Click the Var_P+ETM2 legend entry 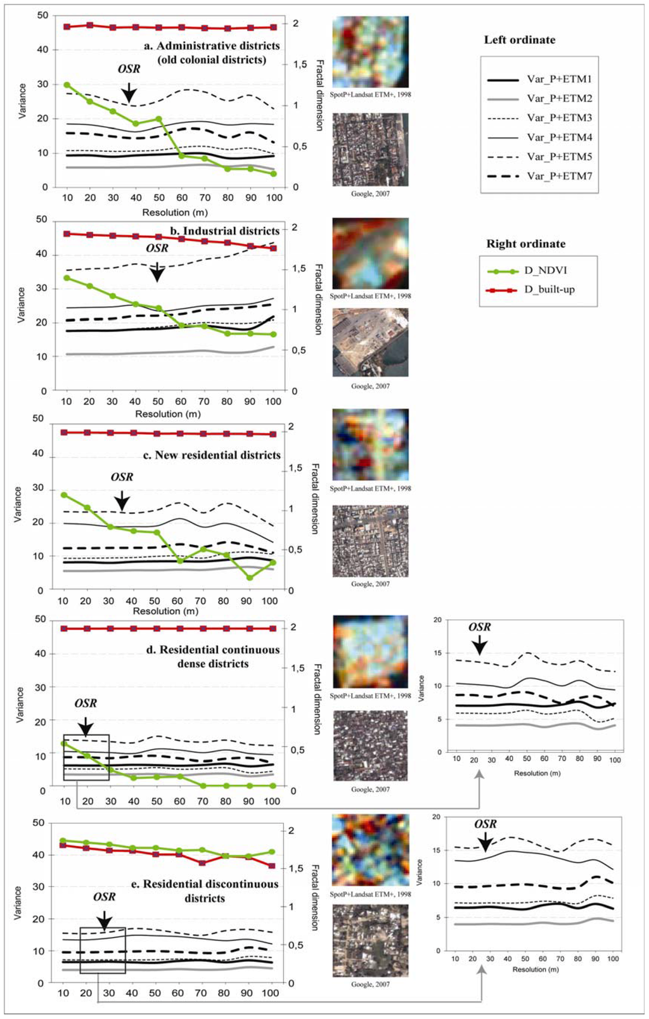click(539, 98)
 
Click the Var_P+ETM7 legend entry click(539, 176)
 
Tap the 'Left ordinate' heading click(519, 40)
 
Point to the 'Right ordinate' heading click(525, 244)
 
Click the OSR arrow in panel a click(129, 93)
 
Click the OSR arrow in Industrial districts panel click(157, 272)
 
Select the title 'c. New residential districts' click(211, 455)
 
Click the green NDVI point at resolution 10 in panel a click(67, 85)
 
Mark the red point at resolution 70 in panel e click(201, 863)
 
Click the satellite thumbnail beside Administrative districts click(370, 52)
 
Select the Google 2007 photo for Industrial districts click(370, 342)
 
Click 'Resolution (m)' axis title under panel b click(168, 414)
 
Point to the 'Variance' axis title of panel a click(23, 101)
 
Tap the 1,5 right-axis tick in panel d click(297, 668)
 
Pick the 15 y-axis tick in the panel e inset click(436, 850)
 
